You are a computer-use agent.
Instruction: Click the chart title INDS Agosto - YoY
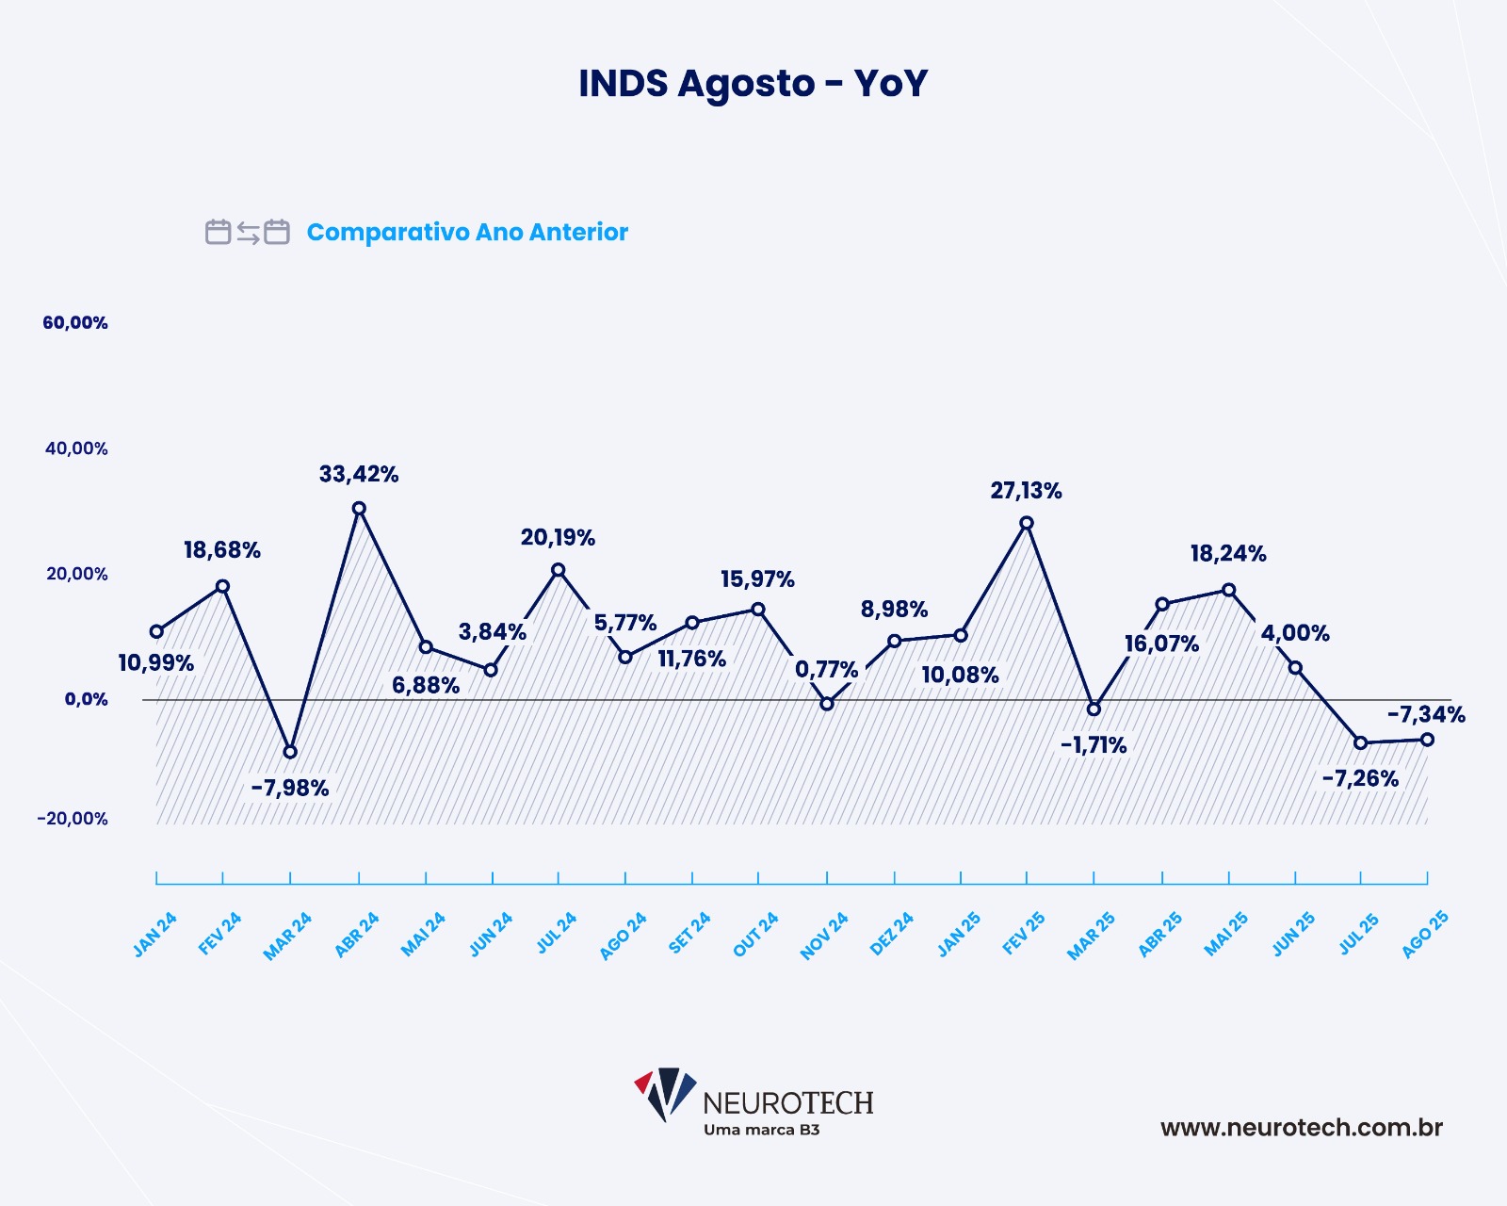click(x=753, y=83)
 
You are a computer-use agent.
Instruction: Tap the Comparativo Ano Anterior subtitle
click(x=467, y=232)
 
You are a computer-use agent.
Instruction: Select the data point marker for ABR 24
click(x=359, y=509)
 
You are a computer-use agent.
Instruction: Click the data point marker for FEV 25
click(x=1027, y=523)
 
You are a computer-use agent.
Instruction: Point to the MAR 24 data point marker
click(x=290, y=752)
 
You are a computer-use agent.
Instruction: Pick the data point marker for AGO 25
click(x=1428, y=740)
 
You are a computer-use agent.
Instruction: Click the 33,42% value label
click(x=359, y=474)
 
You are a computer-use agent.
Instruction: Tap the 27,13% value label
click(x=1026, y=490)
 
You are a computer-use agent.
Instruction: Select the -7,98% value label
click(x=290, y=788)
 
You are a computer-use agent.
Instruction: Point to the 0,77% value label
click(x=827, y=669)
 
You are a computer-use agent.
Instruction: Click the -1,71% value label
click(x=1094, y=745)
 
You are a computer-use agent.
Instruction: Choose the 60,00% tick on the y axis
click(x=75, y=322)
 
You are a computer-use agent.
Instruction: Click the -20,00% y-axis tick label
click(x=73, y=818)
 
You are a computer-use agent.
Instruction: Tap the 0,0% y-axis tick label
click(x=87, y=699)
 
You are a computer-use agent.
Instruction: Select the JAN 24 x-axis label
click(x=155, y=935)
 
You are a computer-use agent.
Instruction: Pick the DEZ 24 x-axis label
click(x=892, y=935)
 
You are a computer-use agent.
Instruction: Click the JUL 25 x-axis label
click(x=1359, y=935)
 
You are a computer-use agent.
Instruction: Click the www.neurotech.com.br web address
click(x=1301, y=1127)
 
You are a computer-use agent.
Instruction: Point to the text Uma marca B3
click(x=762, y=1130)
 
